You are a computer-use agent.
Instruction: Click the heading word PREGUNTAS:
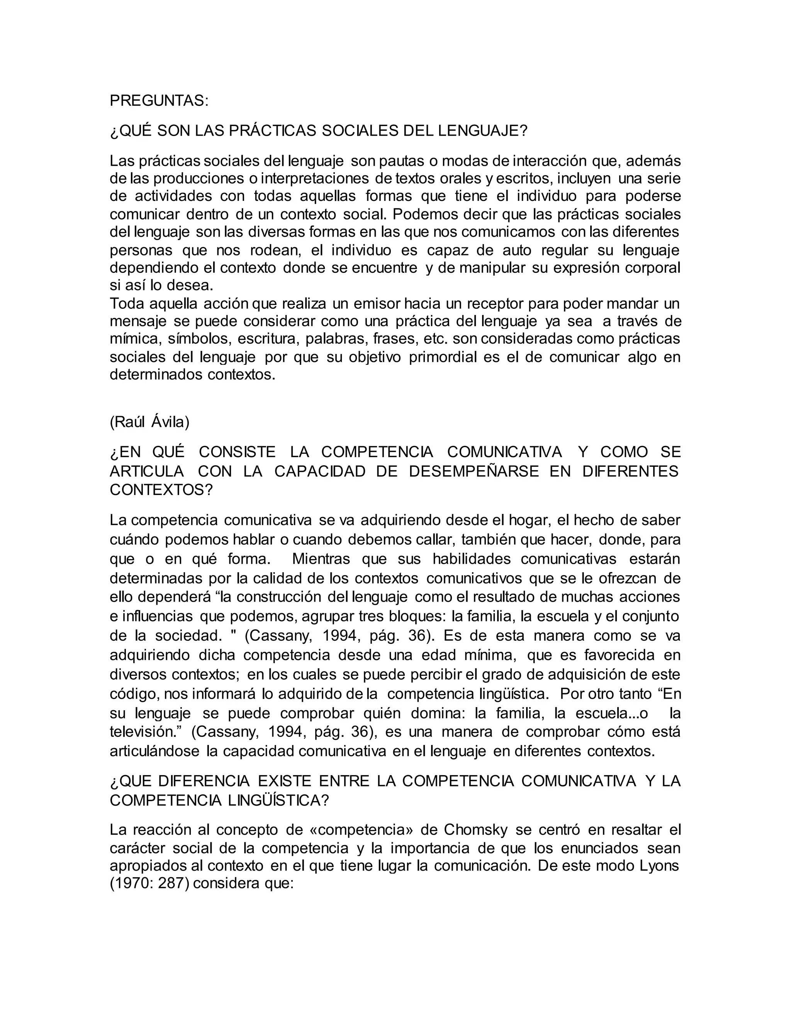coord(159,101)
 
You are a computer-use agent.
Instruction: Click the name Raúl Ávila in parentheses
coord(149,422)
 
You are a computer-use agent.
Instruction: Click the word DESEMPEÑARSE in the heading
coord(474,471)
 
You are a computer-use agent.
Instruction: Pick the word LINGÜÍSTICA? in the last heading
coord(279,800)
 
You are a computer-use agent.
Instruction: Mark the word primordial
coord(442,357)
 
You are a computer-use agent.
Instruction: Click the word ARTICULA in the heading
coord(147,471)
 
